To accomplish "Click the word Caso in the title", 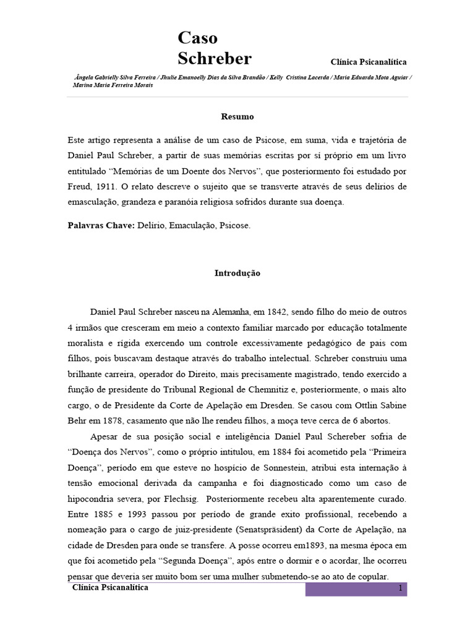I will click(197, 38).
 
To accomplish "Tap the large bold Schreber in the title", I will click(215, 59).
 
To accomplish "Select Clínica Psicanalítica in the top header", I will click(369, 62).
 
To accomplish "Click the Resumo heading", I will click(237, 116).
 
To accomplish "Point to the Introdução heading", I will click(237, 273).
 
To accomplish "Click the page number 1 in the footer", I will click(400, 589).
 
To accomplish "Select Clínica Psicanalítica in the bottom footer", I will click(110, 588).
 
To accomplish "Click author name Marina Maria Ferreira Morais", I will click(113, 85).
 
